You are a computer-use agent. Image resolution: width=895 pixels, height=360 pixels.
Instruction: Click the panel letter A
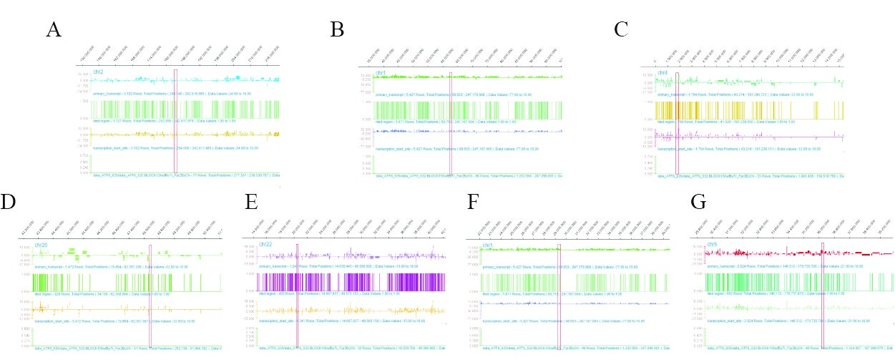(x=53, y=30)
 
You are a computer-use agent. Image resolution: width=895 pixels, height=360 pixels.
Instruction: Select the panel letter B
(x=337, y=29)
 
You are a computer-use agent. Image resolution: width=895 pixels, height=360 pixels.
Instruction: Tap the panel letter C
(x=622, y=29)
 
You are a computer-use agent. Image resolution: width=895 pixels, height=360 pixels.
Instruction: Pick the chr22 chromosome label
(x=265, y=244)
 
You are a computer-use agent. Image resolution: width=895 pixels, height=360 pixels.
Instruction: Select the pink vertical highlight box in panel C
(x=677, y=122)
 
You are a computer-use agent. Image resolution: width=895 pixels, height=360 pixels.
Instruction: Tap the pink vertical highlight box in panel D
(x=150, y=293)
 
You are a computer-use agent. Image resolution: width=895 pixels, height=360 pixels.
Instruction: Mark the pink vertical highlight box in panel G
(x=823, y=293)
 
